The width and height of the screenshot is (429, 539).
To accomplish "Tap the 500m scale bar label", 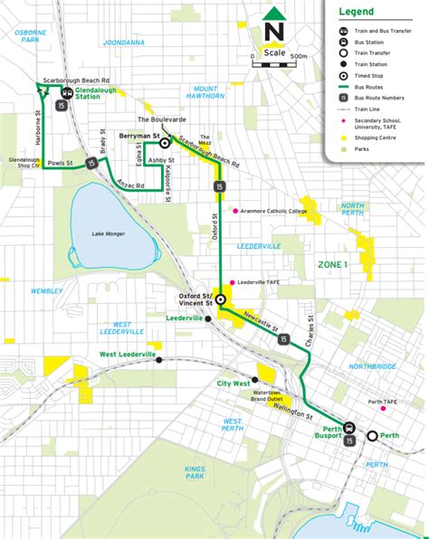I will pyautogui.click(x=300, y=56).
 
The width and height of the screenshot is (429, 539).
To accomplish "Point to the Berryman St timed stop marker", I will pyautogui.click(x=165, y=143).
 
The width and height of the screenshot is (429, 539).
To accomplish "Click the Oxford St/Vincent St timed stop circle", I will pyautogui.click(x=220, y=298).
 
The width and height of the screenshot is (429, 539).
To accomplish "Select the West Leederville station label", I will pyautogui.click(x=126, y=355).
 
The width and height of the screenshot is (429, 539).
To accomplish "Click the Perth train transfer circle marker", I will pyautogui.click(x=372, y=436).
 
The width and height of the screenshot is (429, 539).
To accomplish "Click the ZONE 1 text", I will pyautogui.click(x=331, y=264).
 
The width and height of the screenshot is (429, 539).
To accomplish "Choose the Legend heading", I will pyautogui.click(x=357, y=12).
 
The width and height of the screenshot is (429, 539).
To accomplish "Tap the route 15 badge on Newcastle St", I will pyautogui.click(x=284, y=339).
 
